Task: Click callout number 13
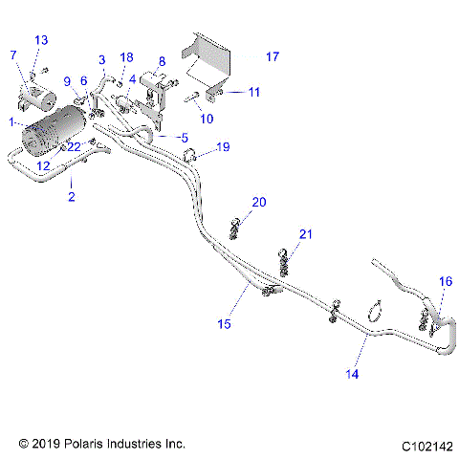40,39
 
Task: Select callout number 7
13,56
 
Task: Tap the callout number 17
273,57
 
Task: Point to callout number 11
253,92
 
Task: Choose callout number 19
223,147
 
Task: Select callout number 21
306,234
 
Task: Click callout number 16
445,281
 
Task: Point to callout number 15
225,324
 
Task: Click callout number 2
71,197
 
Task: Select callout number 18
127,58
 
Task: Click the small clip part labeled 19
190,154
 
